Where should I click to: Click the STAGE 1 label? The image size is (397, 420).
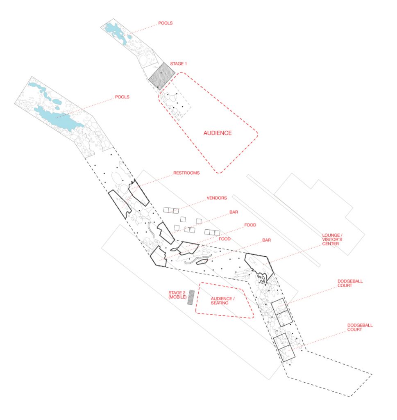(179, 64)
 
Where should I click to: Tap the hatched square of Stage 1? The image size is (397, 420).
(162, 76)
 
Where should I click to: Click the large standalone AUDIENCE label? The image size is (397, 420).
(218, 133)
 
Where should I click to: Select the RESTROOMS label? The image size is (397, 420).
(186, 173)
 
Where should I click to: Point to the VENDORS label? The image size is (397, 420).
(217, 198)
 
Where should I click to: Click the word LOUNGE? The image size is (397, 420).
(331, 235)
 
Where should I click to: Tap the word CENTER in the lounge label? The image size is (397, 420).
(330, 244)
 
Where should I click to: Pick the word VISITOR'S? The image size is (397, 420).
(332, 240)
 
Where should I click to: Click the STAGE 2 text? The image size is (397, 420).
(177, 293)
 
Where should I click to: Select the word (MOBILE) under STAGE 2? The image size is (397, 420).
(177, 297)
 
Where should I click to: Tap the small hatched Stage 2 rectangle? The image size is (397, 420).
(191, 297)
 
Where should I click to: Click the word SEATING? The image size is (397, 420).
(220, 303)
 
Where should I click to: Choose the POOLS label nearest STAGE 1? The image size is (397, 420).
(166, 23)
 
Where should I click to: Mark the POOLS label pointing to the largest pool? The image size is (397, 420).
(122, 97)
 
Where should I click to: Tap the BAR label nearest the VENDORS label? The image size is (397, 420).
(234, 212)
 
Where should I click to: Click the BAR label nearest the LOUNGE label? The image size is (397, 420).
(266, 240)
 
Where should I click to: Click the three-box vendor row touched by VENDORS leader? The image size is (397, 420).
(171, 210)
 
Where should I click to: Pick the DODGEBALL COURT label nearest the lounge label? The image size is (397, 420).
(350, 283)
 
